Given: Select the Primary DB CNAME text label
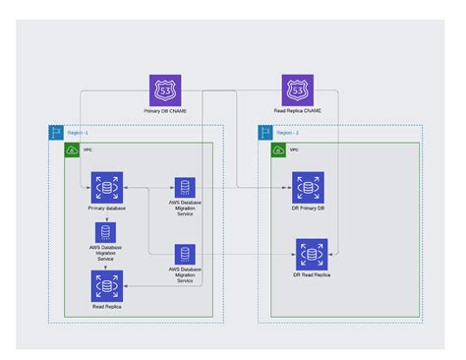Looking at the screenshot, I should pos(164,111).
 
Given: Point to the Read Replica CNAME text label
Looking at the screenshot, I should pos(298,111).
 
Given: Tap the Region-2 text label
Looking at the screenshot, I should pos(286,130).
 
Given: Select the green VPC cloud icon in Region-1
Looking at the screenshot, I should pos(72,150).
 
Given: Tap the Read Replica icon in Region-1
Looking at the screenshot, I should pos(106,286).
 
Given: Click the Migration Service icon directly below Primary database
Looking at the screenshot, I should pos(106,234).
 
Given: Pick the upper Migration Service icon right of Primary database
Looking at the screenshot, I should pos(185,188).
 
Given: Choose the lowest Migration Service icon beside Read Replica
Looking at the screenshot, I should pos(185,254).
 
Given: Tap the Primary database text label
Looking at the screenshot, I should pos(106,209).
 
